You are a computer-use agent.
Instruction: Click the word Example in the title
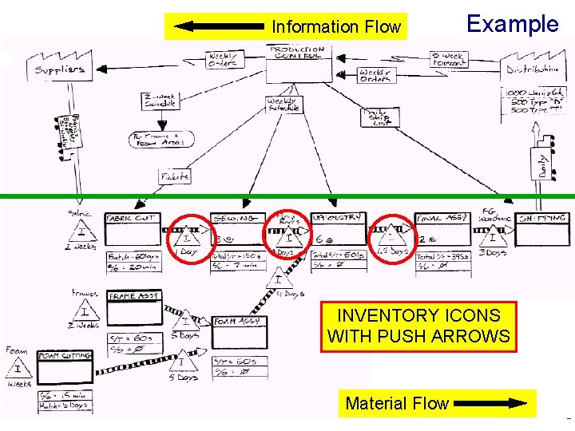pos(512,23)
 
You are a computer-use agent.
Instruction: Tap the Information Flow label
pos(335,27)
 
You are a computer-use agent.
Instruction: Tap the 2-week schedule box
pos(161,99)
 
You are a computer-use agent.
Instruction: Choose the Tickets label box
pos(175,176)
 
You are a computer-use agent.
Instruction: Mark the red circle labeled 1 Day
pos(188,237)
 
